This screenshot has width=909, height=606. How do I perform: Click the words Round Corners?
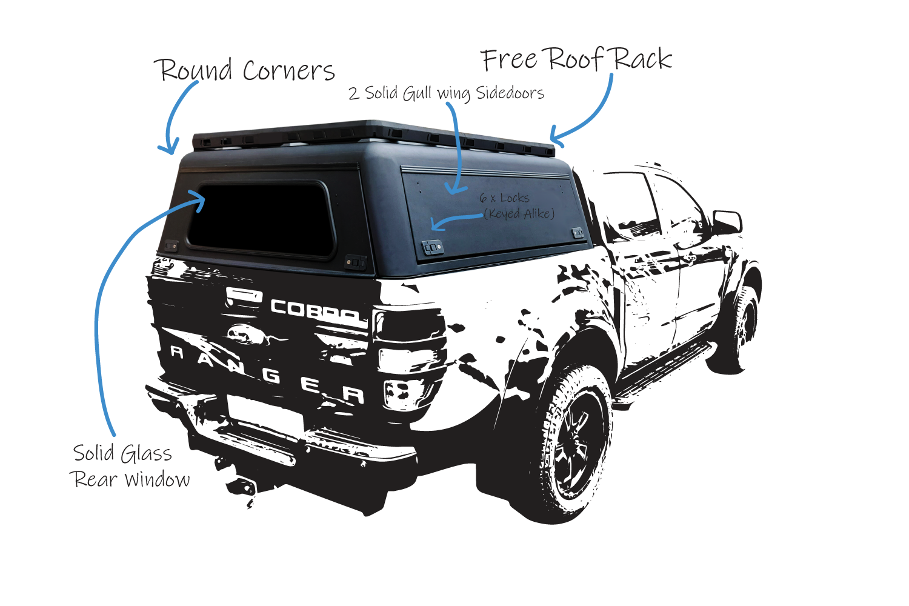pyautogui.click(x=247, y=70)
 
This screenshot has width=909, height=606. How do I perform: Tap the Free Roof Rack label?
pyautogui.click(x=576, y=59)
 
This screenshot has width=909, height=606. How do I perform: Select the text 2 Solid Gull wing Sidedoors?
pyautogui.click(x=446, y=93)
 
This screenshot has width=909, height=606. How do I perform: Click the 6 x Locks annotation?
pyautogui.click(x=504, y=198)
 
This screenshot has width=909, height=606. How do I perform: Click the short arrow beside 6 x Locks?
pyautogui.click(x=454, y=222)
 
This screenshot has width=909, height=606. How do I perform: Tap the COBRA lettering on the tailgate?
pyautogui.click(x=315, y=311)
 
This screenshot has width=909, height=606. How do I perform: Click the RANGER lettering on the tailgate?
pyautogui.click(x=267, y=373)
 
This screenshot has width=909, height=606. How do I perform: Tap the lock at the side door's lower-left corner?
pyautogui.click(x=433, y=247)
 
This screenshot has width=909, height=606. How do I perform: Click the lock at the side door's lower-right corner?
pyautogui.click(x=578, y=232)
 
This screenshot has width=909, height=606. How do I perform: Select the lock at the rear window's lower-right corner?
pyautogui.click(x=355, y=262)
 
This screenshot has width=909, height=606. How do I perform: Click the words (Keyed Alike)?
pyautogui.click(x=519, y=213)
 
